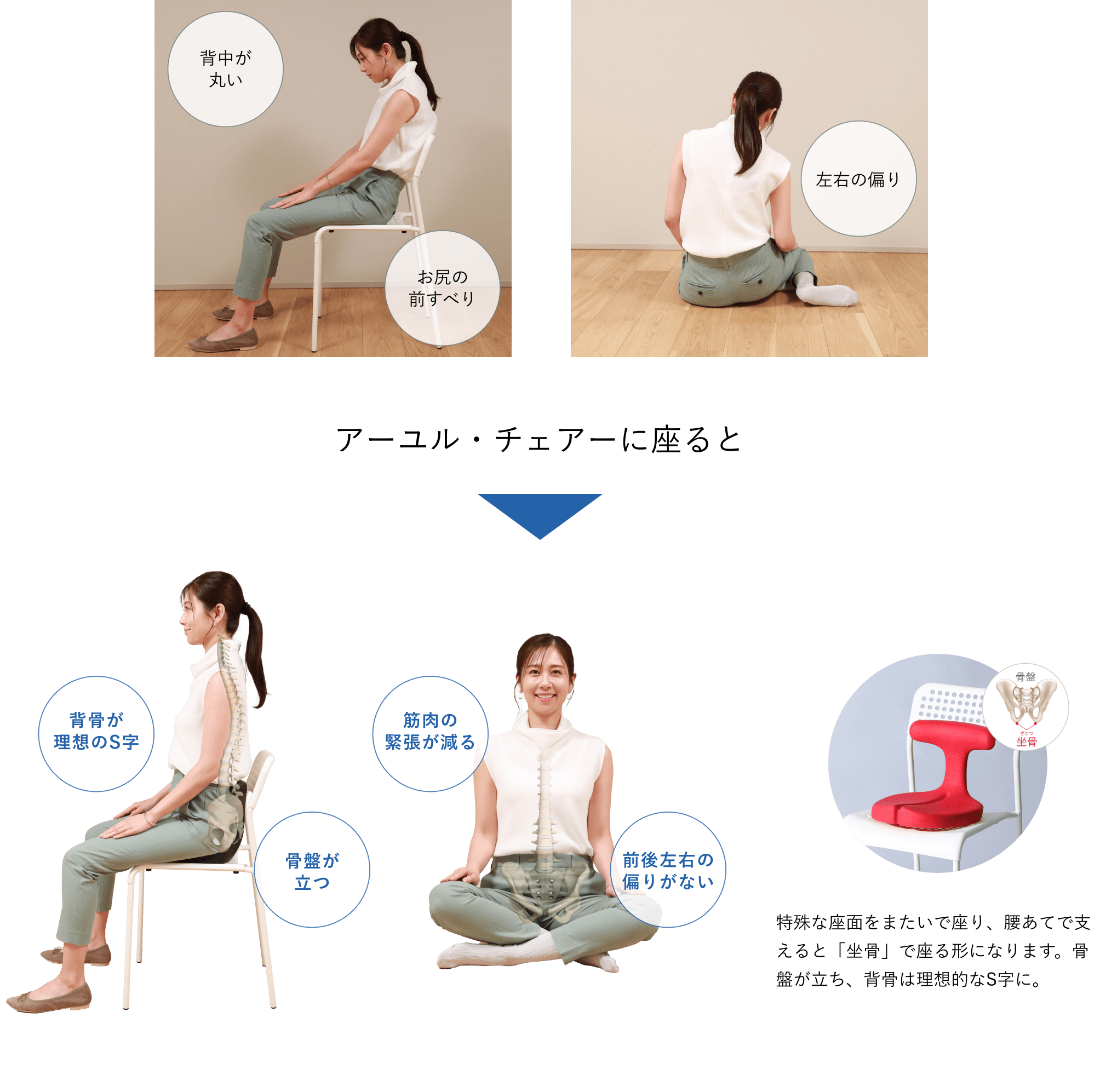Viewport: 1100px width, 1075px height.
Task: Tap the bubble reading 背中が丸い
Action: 225,69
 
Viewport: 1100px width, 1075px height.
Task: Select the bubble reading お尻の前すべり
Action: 442,288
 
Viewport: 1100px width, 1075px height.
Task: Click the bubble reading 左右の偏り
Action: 858,179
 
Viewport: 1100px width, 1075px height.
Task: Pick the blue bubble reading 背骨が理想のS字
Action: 96,733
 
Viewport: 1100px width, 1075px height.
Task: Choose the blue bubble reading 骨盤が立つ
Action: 312,870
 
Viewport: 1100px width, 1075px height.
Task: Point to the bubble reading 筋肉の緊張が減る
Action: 430,733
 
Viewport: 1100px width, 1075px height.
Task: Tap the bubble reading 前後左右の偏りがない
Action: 668,870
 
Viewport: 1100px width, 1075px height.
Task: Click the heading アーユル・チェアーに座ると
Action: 538,439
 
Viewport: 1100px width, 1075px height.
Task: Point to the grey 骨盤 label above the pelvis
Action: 1025,676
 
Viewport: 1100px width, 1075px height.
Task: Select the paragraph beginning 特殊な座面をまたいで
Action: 933,951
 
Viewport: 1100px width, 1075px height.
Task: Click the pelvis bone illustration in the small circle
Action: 1026,704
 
